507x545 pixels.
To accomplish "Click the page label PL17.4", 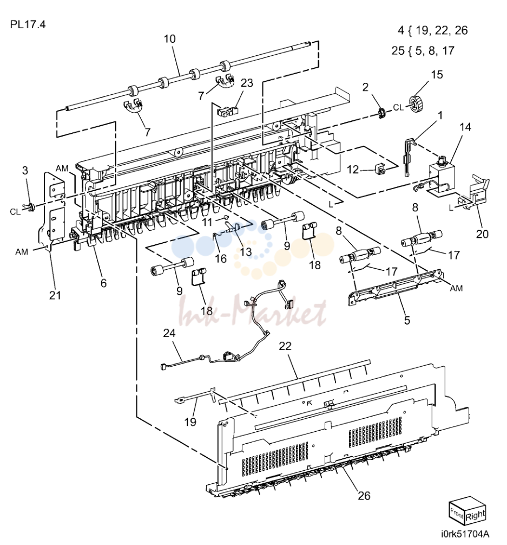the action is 28,25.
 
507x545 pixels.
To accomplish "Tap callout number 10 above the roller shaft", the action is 170,39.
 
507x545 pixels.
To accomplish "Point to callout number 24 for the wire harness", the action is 169,333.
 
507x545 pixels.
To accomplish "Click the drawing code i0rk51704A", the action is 465,534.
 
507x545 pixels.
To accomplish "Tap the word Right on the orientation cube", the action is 475,515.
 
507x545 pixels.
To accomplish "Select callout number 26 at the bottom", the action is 364,496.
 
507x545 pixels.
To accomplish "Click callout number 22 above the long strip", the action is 285,346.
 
